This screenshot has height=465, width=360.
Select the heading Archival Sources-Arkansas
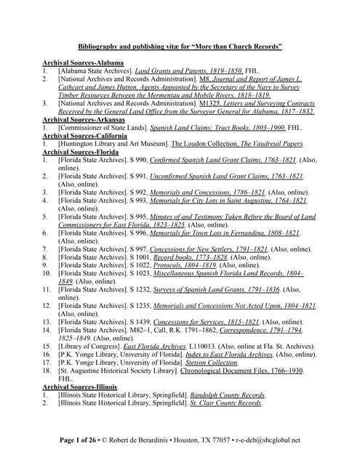pyautogui.click(x=82, y=119)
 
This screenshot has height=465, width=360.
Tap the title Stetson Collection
pyautogui.click(x=212, y=362)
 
